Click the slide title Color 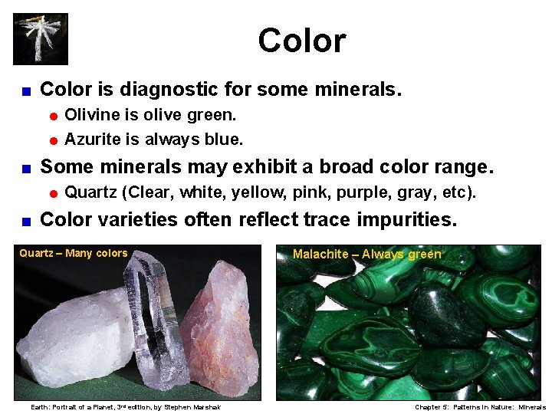[x=301, y=40]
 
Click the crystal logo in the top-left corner [x=41, y=38]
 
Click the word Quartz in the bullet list [x=90, y=192]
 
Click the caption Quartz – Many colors [x=74, y=253]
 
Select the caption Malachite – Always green [x=367, y=254]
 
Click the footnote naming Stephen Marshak [x=125, y=407]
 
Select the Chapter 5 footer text [x=480, y=407]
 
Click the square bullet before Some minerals [x=25, y=168]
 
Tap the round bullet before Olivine [x=54, y=117]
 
